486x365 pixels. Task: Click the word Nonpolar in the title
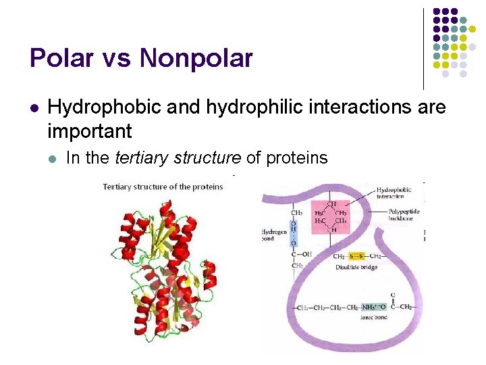coord(196,59)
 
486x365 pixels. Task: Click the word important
coord(90,130)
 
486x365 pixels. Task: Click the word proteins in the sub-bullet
coord(297,158)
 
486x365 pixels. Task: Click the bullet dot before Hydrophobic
coord(34,107)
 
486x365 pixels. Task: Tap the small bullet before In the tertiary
coord(53,159)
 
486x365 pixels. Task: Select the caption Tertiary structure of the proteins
coord(163,187)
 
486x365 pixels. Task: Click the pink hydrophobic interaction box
coord(331,217)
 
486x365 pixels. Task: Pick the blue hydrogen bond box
coord(294,233)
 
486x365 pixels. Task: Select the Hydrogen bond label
coord(273,235)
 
